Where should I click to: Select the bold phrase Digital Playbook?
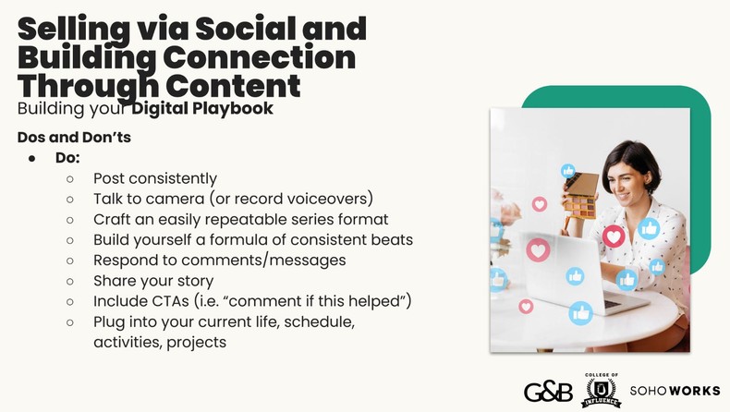coord(201,109)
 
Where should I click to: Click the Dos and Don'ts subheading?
coord(74,137)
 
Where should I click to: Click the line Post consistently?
coord(154,178)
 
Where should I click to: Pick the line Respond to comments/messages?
coord(219,261)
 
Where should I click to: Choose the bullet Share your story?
coord(152,281)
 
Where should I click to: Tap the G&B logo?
coord(547,390)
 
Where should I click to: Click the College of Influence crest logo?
coord(601,390)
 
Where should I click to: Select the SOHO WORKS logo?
coord(675,391)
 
